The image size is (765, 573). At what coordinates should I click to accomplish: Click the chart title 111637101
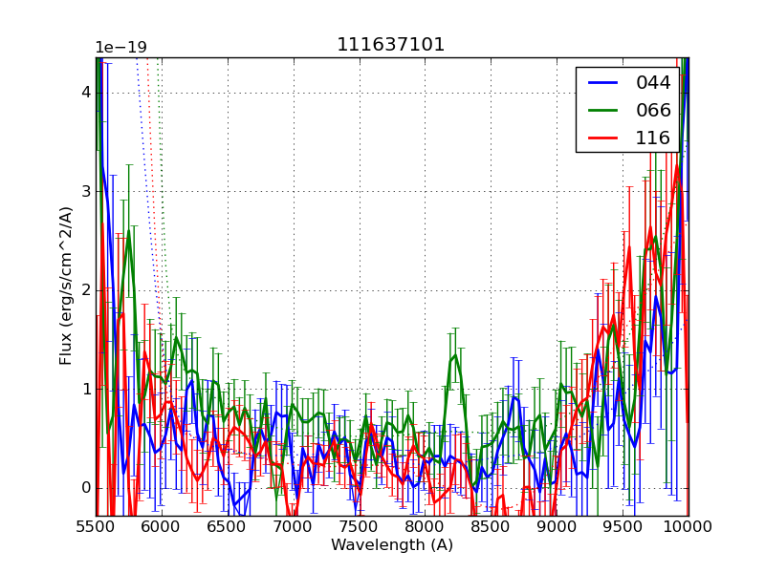(390, 45)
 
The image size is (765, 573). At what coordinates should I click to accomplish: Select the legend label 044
(653, 83)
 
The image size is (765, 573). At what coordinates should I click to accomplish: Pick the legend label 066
(653, 111)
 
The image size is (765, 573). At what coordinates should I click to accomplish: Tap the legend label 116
(653, 138)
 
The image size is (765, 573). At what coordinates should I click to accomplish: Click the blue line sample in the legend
(602, 83)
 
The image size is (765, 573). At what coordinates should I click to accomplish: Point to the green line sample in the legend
(602, 111)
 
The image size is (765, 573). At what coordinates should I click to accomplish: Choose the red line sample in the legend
(602, 138)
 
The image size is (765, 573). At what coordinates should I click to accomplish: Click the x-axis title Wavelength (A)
(392, 545)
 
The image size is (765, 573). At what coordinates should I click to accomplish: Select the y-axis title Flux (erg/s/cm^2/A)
(66, 286)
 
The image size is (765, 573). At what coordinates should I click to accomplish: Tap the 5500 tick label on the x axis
(96, 527)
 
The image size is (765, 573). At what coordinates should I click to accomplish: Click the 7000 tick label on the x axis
(294, 527)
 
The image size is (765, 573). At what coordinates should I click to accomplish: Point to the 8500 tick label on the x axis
(491, 527)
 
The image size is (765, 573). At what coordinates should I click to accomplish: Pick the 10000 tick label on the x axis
(688, 527)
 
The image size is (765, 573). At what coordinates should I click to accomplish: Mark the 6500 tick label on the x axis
(228, 527)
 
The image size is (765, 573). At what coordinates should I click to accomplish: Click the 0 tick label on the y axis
(85, 488)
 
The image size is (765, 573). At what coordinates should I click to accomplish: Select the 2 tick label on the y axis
(85, 290)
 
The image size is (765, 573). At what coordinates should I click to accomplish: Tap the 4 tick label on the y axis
(85, 93)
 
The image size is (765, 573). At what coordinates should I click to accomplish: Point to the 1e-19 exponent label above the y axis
(120, 48)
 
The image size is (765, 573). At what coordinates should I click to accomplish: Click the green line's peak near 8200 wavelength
(455, 355)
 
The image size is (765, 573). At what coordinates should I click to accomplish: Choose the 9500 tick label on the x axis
(623, 527)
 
